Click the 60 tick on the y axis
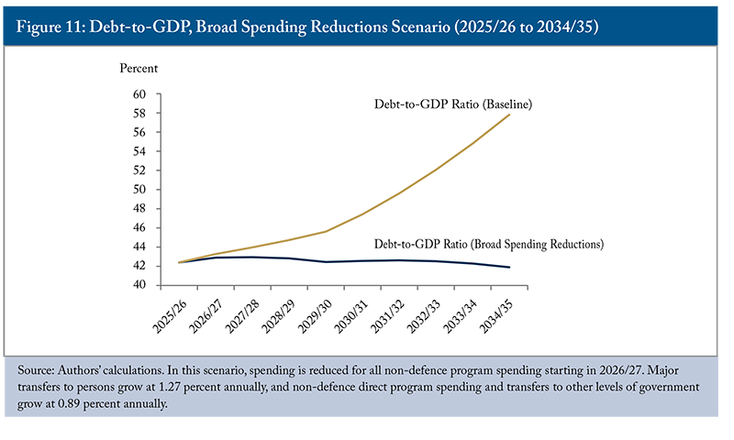(x=140, y=94)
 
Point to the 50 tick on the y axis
(x=140, y=190)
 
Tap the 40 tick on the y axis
(x=140, y=285)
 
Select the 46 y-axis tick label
(x=140, y=227)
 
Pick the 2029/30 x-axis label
(x=308, y=313)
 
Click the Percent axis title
(x=139, y=69)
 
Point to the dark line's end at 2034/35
(x=510, y=268)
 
